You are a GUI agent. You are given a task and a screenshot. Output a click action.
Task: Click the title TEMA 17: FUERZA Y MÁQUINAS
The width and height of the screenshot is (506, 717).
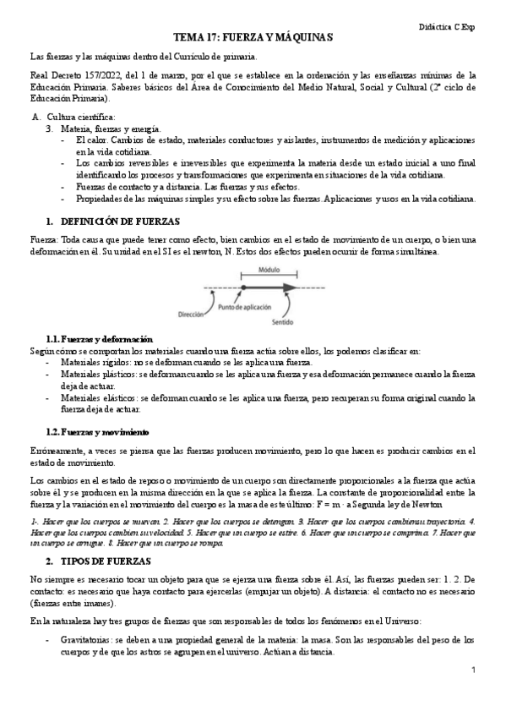click(253, 38)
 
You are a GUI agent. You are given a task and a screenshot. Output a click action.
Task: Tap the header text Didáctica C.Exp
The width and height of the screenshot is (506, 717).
click(447, 27)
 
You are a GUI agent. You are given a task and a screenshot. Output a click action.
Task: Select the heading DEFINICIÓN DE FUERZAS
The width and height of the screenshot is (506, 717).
click(119, 220)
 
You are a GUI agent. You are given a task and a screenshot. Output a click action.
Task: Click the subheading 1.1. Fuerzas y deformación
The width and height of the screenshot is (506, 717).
click(99, 338)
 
